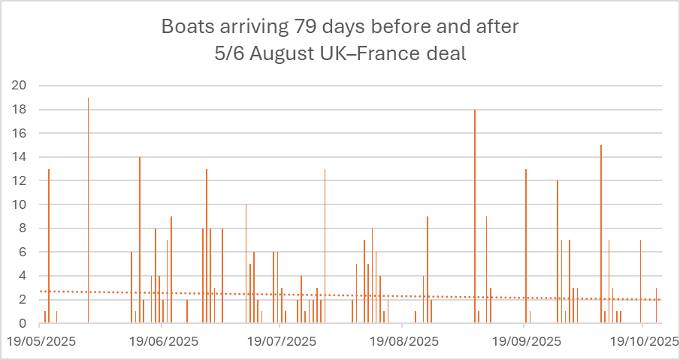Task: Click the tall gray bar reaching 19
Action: pyautogui.click(x=88, y=210)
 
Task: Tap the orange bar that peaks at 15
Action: pyautogui.click(x=601, y=234)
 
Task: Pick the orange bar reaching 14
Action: pyautogui.click(x=140, y=240)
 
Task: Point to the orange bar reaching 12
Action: pyautogui.click(x=558, y=252)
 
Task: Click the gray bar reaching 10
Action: pyautogui.click(x=246, y=264)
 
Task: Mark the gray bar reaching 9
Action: pyautogui.click(x=486, y=270)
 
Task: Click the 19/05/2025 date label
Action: pyautogui.click(x=41, y=340)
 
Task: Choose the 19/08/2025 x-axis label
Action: pyautogui.click(x=402, y=340)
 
